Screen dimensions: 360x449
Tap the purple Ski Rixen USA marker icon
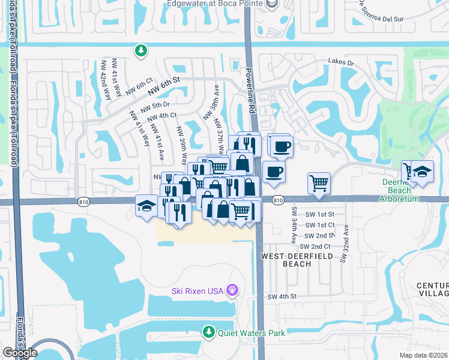pos(233,291)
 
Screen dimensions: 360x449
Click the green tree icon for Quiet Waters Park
pos(208,331)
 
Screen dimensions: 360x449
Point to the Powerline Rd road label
pos(250,90)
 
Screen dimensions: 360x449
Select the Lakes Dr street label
pos(341,61)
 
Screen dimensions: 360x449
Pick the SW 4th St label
pos(282,296)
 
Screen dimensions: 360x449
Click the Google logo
pos(20,352)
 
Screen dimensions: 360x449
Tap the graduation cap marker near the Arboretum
pos(422,172)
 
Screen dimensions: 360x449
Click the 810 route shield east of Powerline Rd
pos(277,200)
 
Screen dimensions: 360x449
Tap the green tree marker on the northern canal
pos(140,51)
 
